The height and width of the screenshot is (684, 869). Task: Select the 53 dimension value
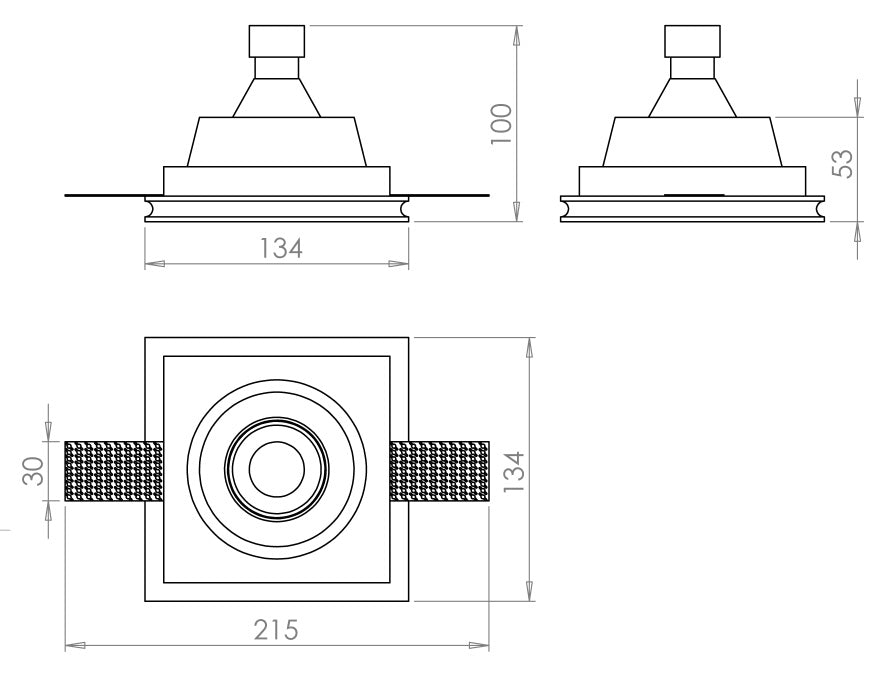tap(843, 164)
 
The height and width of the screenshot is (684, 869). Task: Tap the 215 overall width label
tap(276, 629)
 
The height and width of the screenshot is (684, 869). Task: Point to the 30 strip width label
tap(33, 471)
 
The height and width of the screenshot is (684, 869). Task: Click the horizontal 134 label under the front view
tap(281, 248)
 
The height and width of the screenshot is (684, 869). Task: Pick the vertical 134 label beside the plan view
tap(514, 471)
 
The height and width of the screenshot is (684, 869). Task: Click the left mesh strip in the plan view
tap(114, 471)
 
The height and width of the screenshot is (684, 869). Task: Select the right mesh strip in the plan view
tap(439, 471)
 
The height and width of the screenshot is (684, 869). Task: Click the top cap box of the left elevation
tap(277, 41)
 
